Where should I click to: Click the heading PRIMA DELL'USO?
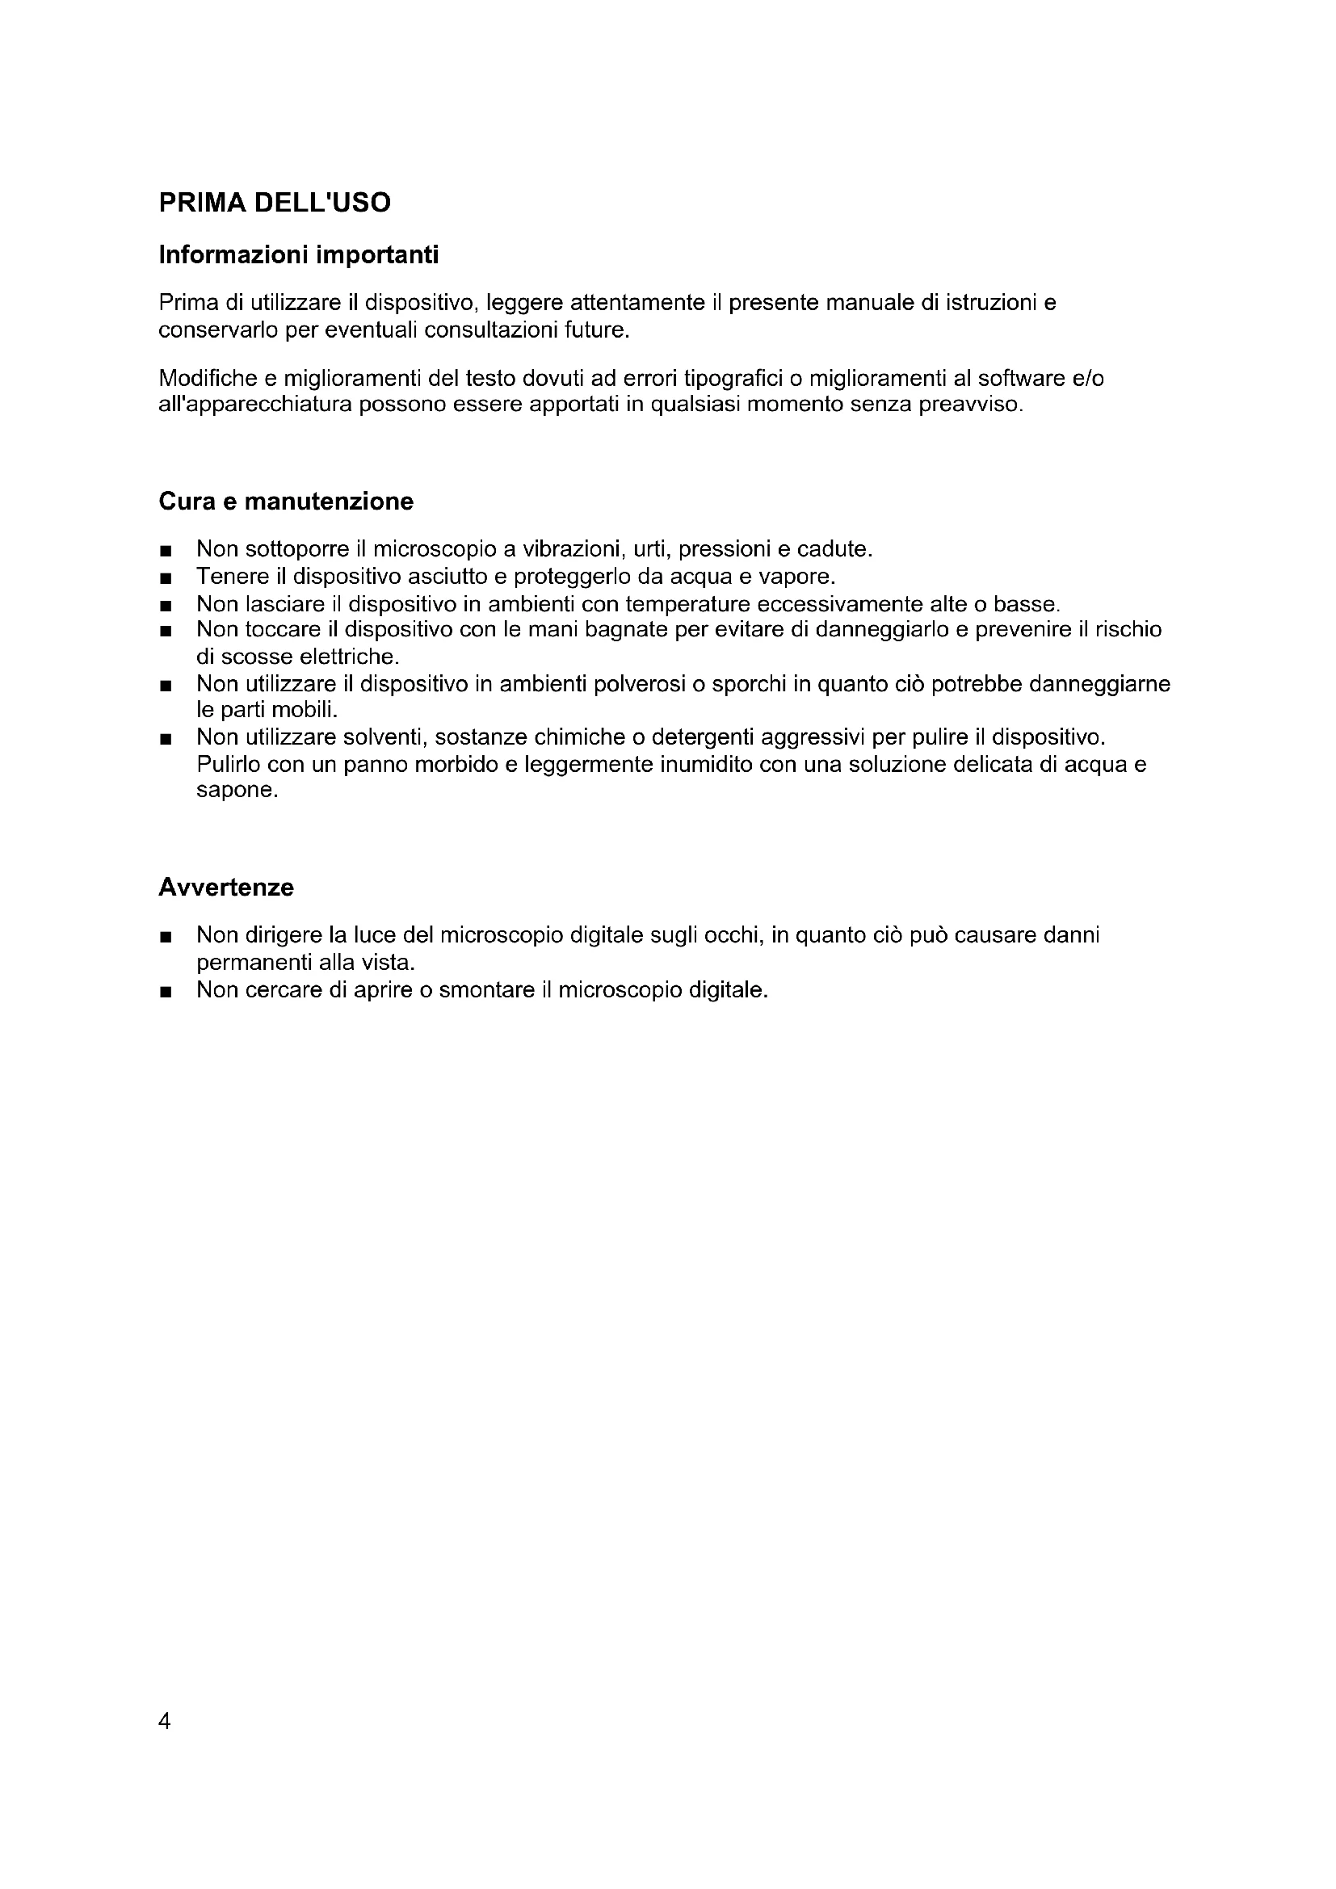click(x=275, y=203)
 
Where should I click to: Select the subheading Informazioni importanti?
click(x=299, y=255)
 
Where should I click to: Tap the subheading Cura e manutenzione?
click(x=285, y=501)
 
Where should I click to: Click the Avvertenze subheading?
click(x=226, y=888)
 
